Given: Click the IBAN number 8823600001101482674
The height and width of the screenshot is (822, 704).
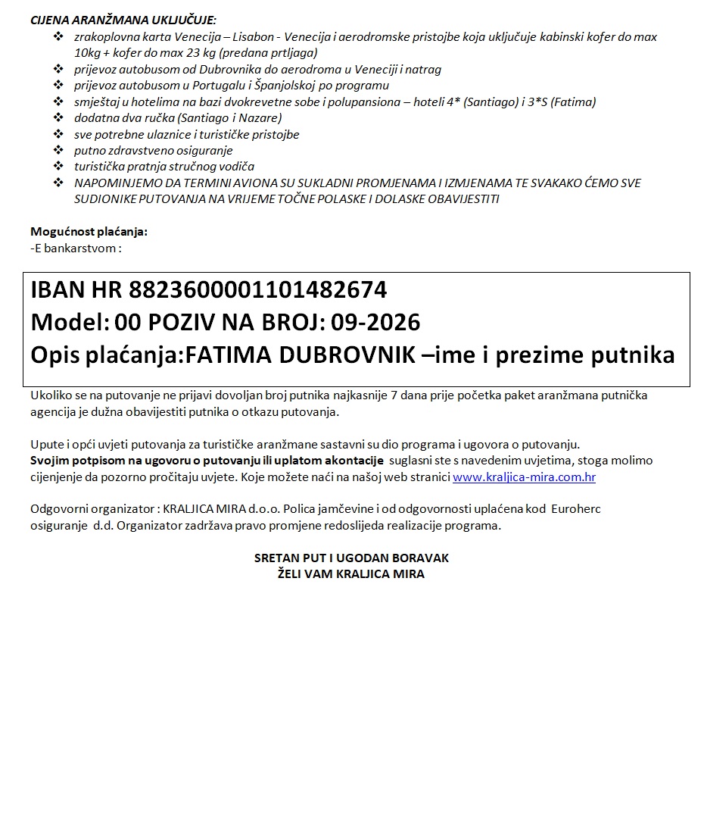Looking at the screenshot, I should [258, 290].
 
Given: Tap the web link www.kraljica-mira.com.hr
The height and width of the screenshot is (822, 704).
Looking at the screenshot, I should [524, 477].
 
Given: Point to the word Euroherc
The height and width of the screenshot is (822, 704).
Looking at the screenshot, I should [576, 509].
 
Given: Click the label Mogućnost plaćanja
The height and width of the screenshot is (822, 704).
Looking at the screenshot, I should [89, 231].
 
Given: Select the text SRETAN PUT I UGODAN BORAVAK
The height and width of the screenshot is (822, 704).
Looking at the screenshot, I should [351, 558].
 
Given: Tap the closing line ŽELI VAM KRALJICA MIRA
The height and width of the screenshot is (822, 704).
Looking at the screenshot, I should [351, 574].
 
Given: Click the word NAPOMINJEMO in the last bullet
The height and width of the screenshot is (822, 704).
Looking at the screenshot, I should [113, 183].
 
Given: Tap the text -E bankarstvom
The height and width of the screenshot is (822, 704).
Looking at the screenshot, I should [76, 247].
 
